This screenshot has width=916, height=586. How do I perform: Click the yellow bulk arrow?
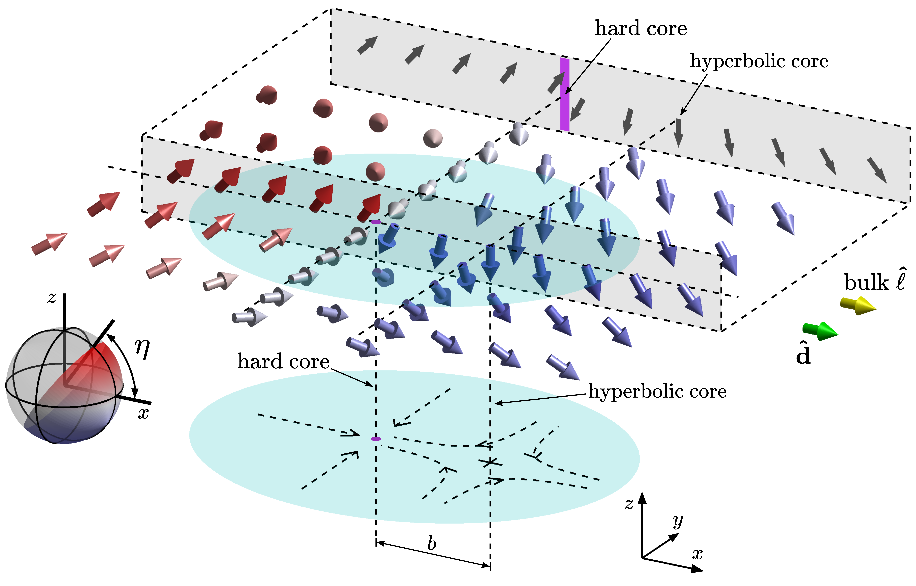pos(858,306)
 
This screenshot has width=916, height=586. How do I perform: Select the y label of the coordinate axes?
pos(678,521)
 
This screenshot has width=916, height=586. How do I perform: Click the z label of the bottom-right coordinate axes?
pos(629,504)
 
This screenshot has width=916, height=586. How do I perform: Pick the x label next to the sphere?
pos(143,413)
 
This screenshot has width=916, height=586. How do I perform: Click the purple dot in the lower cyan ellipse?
pos(376,439)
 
